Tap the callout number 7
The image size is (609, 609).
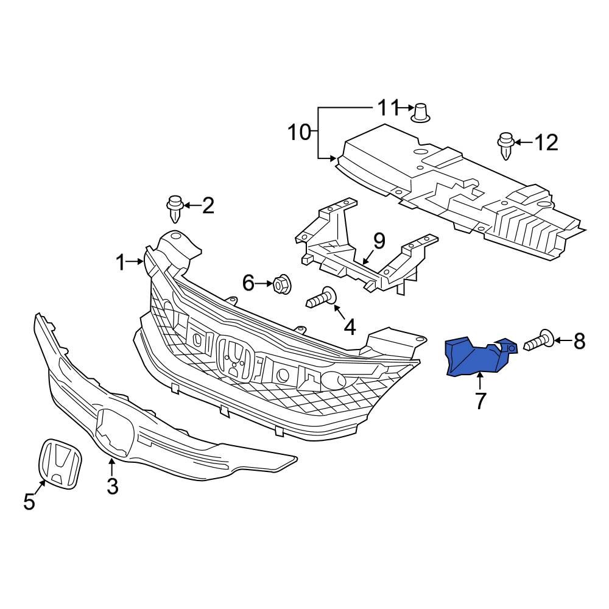click(x=480, y=401)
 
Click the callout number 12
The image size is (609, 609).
click(x=546, y=143)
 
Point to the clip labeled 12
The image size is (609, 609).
click(x=506, y=145)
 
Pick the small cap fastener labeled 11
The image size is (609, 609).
click(x=421, y=112)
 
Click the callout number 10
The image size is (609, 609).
click(x=299, y=132)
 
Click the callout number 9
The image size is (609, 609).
click(x=379, y=241)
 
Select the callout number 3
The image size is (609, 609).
click(x=112, y=487)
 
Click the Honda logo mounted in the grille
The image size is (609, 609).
click(x=234, y=359)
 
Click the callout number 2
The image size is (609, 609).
click(x=208, y=206)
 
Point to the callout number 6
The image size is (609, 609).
click(x=248, y=283)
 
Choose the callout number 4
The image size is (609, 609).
click(x=350, y=327)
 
